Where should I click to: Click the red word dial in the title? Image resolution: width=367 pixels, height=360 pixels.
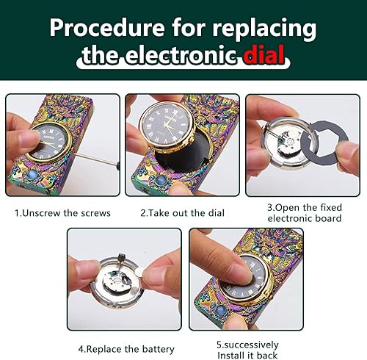(x=258, y=55)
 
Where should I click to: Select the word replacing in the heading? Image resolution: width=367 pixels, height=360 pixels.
(x=264, y=27)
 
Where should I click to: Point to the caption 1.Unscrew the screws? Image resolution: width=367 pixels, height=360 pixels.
(x=63, y=213)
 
